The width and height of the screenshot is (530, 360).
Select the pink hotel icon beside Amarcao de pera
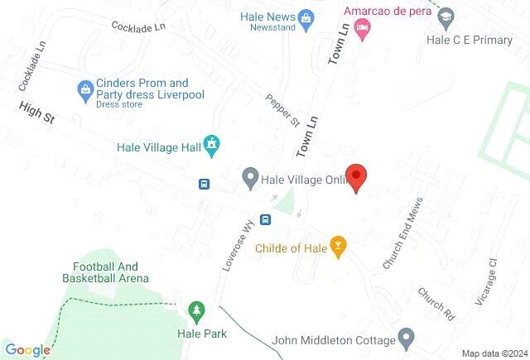coord(362,29)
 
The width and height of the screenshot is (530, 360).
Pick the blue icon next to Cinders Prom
coord(84,89)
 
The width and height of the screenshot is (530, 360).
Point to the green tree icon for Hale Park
coord(196,311)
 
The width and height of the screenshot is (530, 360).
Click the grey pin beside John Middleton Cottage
coord(406,338)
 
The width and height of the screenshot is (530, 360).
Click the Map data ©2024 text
coord(494,353)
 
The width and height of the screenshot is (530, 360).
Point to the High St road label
coord(37,113)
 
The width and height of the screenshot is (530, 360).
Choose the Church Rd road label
coord(436,305)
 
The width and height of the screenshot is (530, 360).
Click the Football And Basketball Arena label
coord(105,272)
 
